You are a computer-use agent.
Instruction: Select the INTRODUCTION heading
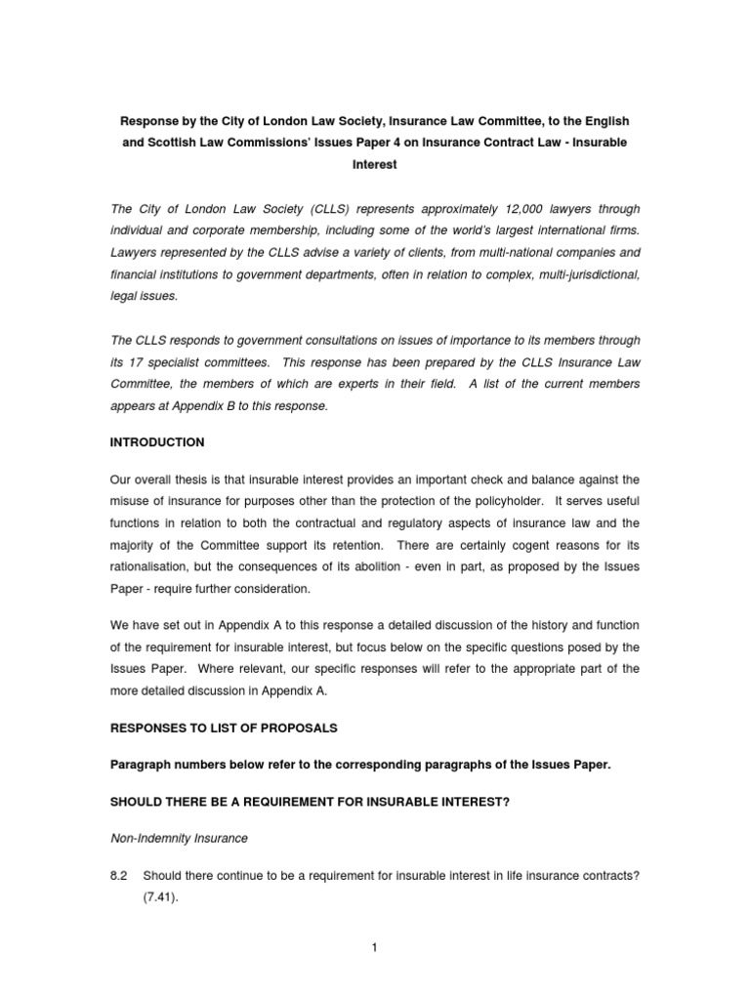[157, 442]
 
